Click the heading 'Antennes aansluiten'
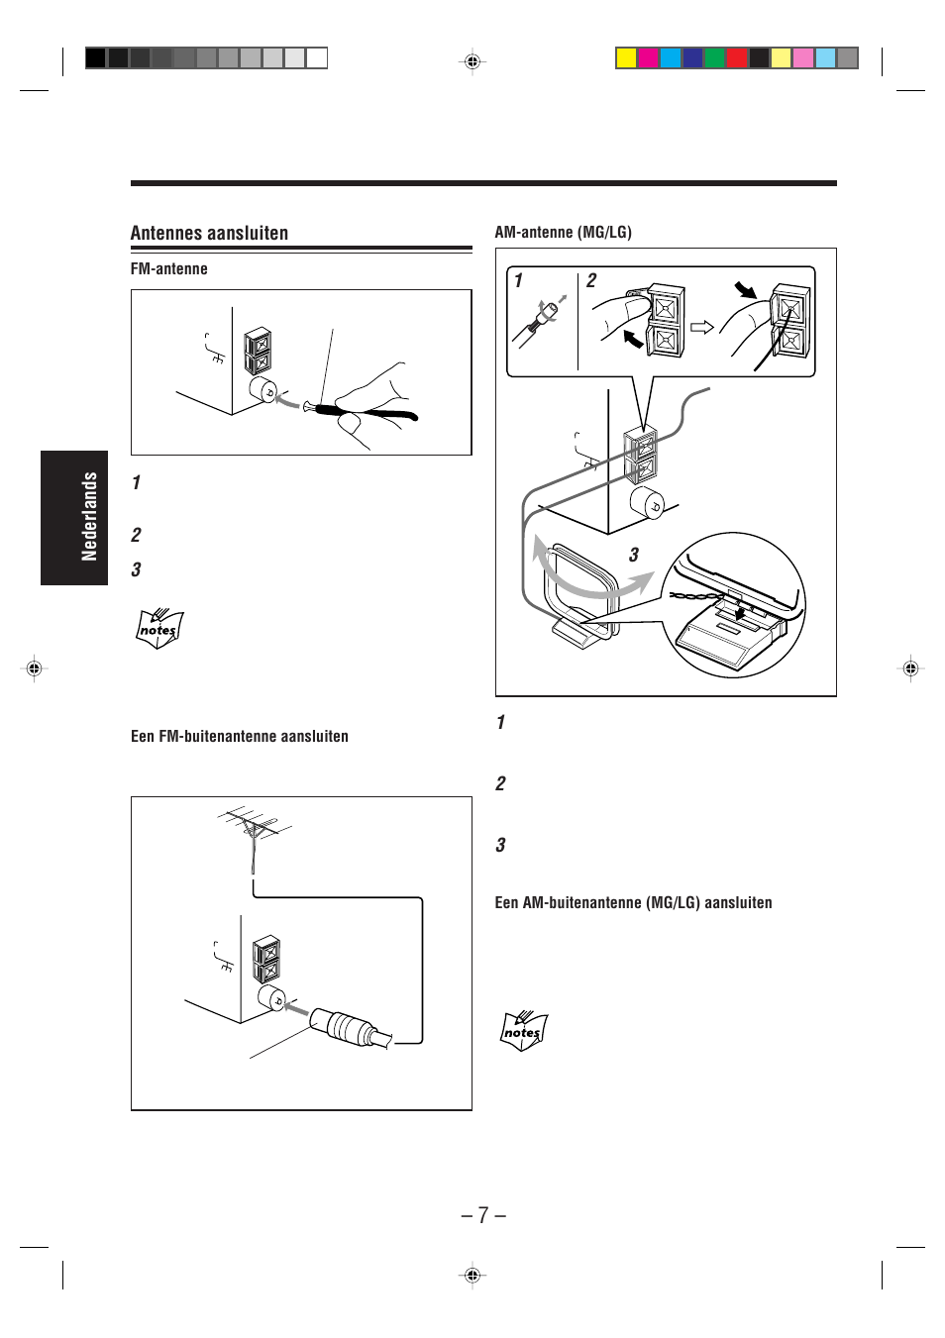[209, 234]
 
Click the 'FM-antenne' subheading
[169, 269]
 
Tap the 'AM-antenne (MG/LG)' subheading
[563, 233]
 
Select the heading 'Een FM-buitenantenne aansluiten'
[240, 737]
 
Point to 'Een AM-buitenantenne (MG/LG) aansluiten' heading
[633, 903]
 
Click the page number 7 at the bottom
[483, 1215]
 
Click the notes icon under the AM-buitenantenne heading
[524, 1031]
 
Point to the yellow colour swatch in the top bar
[626, 58]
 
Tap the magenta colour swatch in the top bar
[648, 58]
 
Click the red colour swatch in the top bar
[736, 58]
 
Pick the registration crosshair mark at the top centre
[472, 61]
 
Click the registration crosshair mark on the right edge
[910, 669]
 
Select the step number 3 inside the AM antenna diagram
[634, 556]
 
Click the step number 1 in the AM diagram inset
[518, 281]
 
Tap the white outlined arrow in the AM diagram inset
[702, 327]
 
